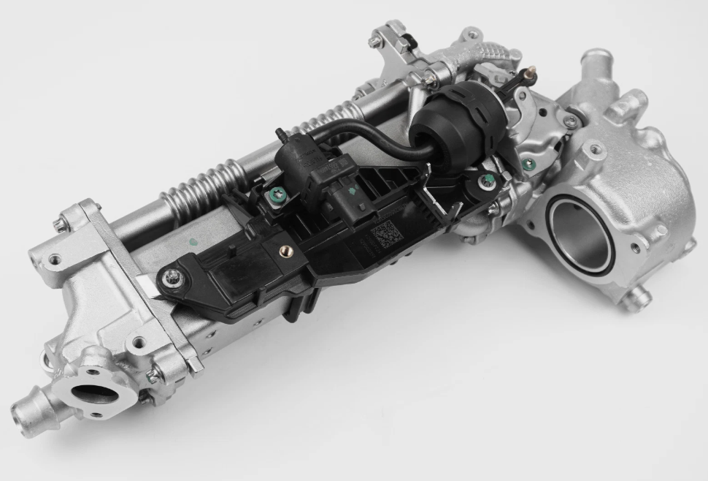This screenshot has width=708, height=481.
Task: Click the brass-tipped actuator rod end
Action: [530, 72]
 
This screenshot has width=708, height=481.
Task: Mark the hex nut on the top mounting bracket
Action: [376, 43]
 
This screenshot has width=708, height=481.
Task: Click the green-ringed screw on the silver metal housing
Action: [527, 164]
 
